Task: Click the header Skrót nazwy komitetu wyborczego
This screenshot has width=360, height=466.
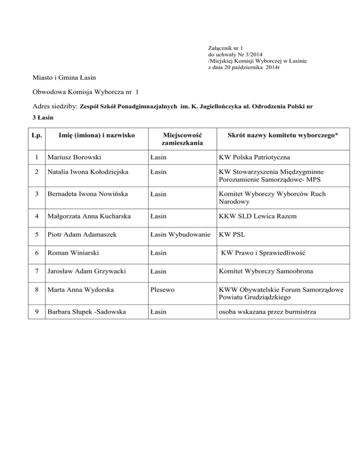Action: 283,135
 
